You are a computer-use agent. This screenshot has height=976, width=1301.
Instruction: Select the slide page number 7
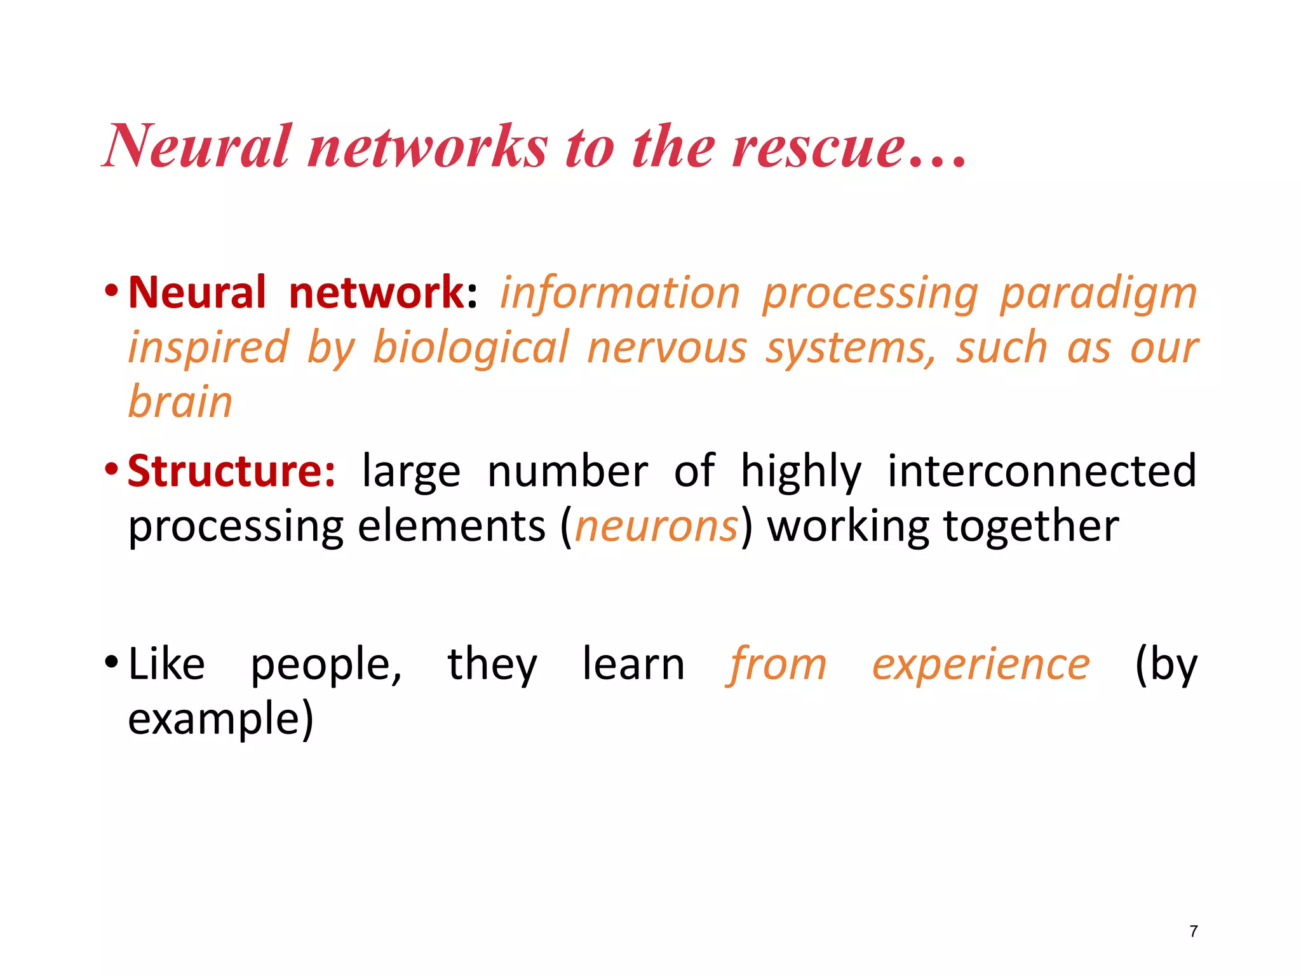point(1194,932)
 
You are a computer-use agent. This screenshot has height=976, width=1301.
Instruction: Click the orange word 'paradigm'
point(1098,294)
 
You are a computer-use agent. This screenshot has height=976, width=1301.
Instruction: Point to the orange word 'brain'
point(180,402)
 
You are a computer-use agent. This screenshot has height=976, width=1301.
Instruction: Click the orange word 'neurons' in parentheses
point(656,527)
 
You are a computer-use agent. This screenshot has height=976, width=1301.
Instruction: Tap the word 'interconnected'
point(1042,471)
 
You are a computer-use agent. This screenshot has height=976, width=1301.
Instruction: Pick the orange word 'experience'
point(981,665)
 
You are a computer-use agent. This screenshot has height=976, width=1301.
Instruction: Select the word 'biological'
point(471,348)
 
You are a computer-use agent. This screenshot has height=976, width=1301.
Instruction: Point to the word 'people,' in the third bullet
point(327,665)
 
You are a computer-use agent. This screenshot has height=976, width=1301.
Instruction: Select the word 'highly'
point(801,472)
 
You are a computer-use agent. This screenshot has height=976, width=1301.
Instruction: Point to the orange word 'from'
point(776,665)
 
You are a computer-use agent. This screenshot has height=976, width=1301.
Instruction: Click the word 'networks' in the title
point(427,147)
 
